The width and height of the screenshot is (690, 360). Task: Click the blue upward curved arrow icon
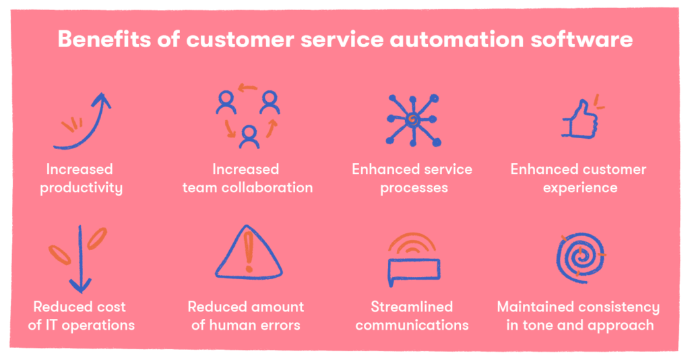(82, 121)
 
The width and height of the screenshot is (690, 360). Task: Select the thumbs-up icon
(580, 119)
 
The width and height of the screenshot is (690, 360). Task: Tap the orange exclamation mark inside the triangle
(249, 251)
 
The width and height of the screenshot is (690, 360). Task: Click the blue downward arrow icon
(80, 260)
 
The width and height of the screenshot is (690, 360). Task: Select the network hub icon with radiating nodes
(413, 120)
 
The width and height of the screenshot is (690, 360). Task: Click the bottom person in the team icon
(249, 138)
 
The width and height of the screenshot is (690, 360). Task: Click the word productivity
(81, 188)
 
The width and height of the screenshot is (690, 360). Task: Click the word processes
(414, 188)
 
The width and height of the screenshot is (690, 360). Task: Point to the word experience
(580, 188)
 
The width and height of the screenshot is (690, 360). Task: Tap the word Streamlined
(412, 306)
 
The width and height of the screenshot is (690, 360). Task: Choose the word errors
(278, 326)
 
